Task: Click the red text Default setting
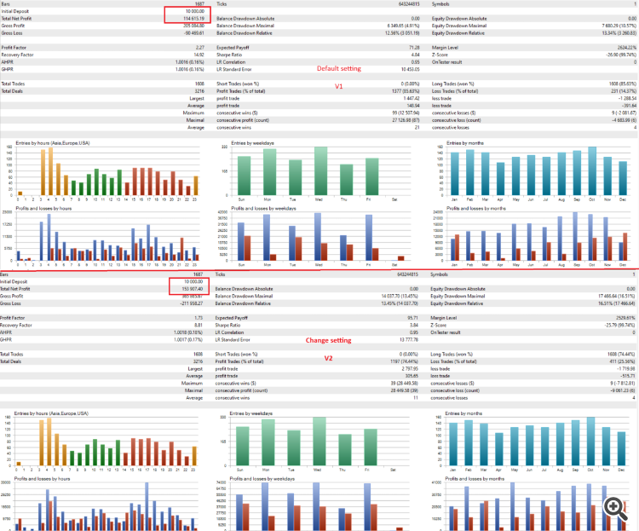pos(338,68)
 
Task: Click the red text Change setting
pos(329,340)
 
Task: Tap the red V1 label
pos(338,87)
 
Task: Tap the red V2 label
pos(327,358)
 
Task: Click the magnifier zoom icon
pos(613,506)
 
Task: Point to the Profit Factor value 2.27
pos(200,48)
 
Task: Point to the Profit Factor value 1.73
pos(200,317)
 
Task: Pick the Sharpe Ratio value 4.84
pos(413,55)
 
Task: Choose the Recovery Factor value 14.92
pos(199,55)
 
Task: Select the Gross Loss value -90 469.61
pos(193,32)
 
